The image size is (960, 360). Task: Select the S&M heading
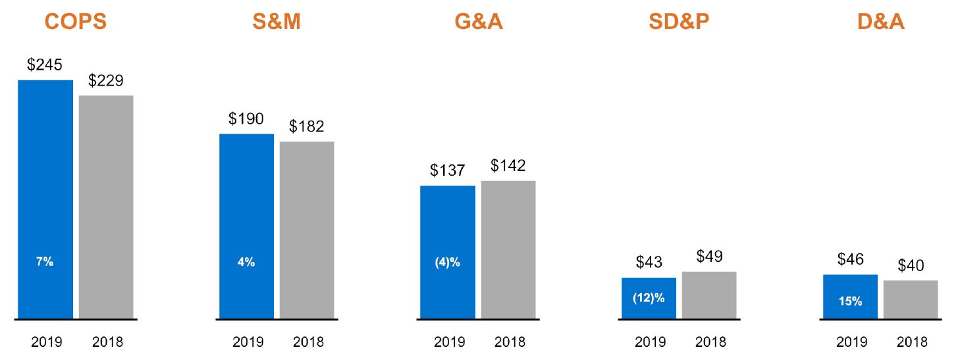tap(276, 22)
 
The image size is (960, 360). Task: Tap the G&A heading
tap(478, 22)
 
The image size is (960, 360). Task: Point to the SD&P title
tap(679, 22)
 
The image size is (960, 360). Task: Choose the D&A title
tap(880, 22)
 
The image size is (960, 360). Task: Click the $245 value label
tap(45, 66)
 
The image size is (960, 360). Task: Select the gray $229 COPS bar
tap(106, 207)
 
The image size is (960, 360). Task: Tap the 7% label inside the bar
tap(45, 262)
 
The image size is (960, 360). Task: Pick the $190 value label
tap(246, 119)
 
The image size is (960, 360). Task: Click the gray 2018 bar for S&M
tap(307, 230)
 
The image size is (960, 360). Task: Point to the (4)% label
tap(447, 262)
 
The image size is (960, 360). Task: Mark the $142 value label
tap(508, 166)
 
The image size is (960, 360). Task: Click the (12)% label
tap(649, 297)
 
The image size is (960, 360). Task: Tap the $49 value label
tap(709, 257)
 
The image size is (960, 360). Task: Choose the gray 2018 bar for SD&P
tap(709, 296)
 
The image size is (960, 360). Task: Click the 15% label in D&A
tap(850, 301)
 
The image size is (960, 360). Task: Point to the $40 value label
tap(911, 266)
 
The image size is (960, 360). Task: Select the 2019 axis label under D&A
tap(850, 342)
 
